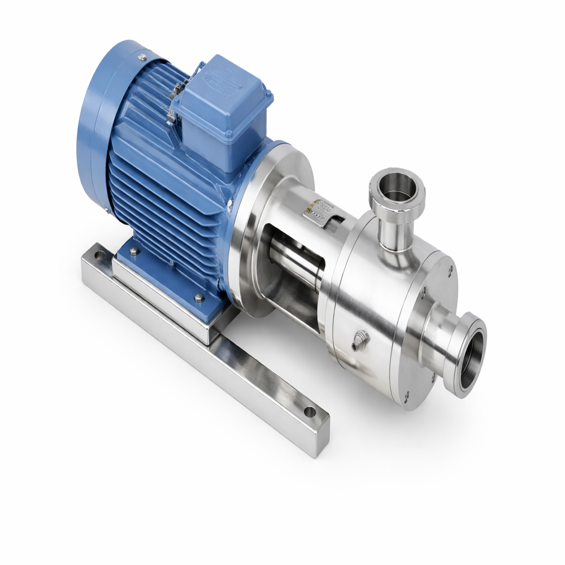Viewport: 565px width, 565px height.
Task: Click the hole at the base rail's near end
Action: tap(310, 412)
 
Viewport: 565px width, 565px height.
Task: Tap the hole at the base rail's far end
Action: tap(99, 256)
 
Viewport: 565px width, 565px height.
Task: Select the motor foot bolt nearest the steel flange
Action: tap(199, 297)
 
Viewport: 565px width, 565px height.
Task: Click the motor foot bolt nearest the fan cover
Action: tap(133, 251)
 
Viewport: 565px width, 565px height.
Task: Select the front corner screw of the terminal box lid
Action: tap(228, 134)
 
